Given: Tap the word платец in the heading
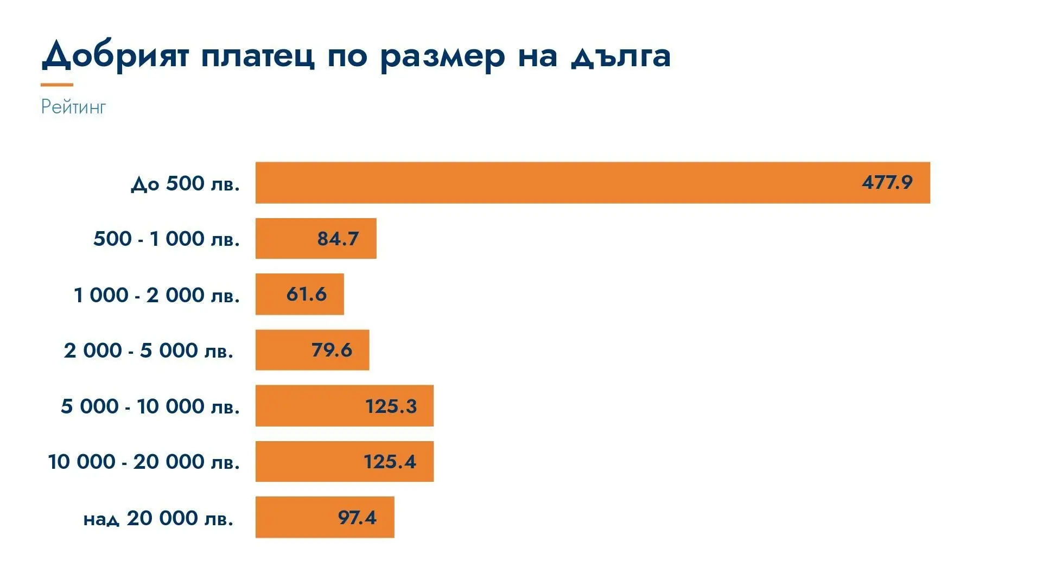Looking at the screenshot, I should [257, 56].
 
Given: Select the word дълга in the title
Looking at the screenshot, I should [621, 56].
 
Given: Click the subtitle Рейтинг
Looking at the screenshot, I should [73, 107].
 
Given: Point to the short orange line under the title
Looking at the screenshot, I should [57, 85].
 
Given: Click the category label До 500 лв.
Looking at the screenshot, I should [185, 183].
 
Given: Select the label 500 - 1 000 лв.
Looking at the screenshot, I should [167, 239].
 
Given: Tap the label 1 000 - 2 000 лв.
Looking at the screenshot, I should [157, 295].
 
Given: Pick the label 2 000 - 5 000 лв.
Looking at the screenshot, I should [149, 351].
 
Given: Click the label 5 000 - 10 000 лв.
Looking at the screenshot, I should [150, 406].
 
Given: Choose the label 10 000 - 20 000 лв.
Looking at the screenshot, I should [144, 462].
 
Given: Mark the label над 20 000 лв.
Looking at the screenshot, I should [158, 518].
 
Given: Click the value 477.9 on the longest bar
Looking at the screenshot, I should [887, 182].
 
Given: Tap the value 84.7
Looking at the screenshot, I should [338, 239].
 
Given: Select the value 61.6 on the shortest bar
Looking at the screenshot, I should [307, 294].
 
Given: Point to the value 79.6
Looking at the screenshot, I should [332, 350].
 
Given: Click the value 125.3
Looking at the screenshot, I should [391, 406].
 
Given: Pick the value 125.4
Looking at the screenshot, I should [390, 462].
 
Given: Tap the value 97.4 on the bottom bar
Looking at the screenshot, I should [357, 518].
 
